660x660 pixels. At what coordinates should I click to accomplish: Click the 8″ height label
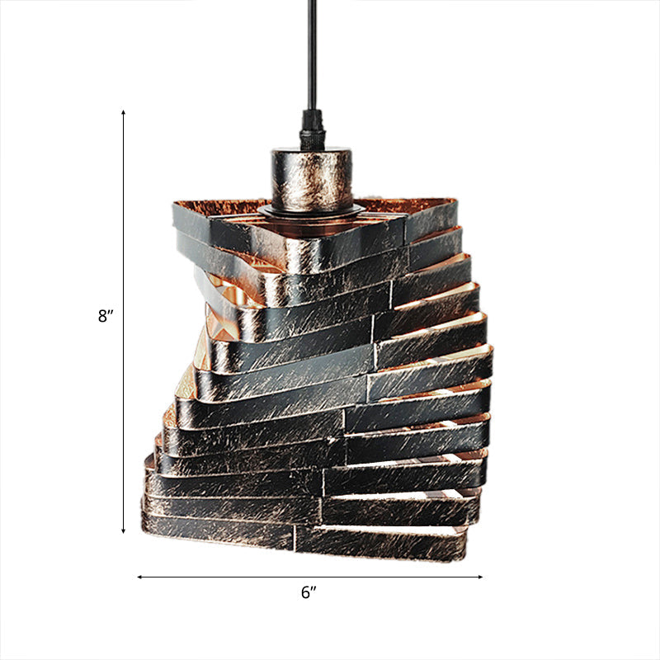pos(105,315)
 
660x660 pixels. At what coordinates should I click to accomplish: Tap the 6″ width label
pos(309,593)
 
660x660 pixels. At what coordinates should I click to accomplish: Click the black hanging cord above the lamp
pos(313,58)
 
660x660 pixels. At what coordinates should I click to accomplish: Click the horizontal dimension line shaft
pos(247,577)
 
